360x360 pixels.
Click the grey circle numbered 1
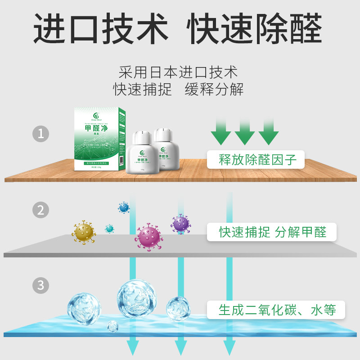tap(41, 134)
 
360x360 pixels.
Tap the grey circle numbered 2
tap(41, 210)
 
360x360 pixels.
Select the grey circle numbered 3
tap(41, 285)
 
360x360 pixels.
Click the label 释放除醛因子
tap(255, 159)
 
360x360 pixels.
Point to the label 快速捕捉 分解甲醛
tap(272, 232)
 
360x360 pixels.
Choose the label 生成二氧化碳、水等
tap(277, 310)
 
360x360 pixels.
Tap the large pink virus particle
tap(148, 237)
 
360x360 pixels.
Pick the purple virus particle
tap(180, 223)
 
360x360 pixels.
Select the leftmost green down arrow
tap(221, 131)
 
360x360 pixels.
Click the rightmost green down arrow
tap(269, 131)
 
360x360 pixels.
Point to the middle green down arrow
tap(245, 131)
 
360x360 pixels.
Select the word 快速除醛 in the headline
tap(255, 28)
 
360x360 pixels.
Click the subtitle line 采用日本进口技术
tap(178, 72)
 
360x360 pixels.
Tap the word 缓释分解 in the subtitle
tap(214, 89)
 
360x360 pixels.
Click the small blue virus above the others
tap(124, 207)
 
